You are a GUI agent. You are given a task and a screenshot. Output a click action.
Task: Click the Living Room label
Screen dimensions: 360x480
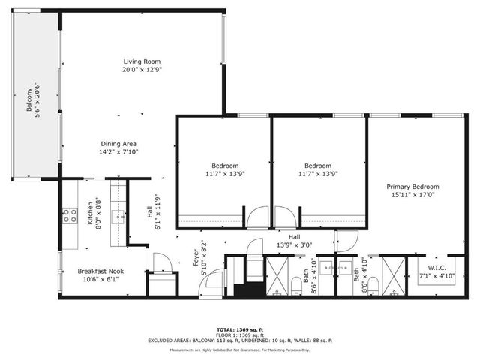coord(142,61)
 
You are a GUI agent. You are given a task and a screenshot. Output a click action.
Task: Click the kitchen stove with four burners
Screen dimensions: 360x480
coord(69,216)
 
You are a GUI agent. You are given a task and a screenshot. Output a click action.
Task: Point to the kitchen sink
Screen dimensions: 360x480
coord(118,217)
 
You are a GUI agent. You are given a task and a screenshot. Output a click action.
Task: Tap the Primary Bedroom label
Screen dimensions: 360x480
coord(412,187)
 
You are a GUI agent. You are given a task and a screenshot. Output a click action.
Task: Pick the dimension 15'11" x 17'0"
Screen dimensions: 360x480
coord(412,195)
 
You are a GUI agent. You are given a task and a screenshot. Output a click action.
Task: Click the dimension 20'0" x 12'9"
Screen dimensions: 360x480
coord(142,70)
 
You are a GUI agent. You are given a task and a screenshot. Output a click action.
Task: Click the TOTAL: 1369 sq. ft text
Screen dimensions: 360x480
coord(240,329)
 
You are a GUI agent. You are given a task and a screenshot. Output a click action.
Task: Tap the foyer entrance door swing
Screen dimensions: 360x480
coord(213,284)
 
